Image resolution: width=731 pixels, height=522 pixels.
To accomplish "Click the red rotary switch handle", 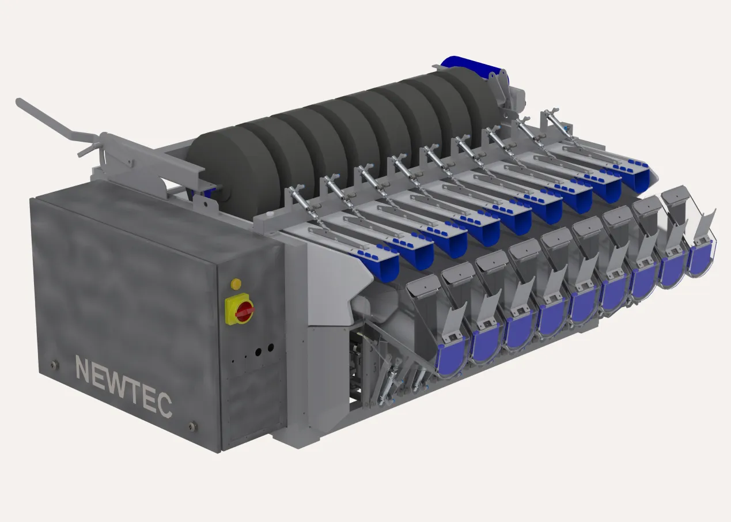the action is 244,311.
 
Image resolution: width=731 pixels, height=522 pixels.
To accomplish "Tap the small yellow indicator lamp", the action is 236,284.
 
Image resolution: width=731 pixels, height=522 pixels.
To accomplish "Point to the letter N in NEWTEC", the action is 83,369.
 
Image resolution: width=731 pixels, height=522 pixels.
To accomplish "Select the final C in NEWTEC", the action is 165,405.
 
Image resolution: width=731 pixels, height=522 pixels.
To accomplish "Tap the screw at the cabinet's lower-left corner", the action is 54,364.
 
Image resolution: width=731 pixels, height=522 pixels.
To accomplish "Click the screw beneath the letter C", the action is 193,426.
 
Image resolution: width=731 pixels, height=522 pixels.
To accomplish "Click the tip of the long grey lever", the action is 19,101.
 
